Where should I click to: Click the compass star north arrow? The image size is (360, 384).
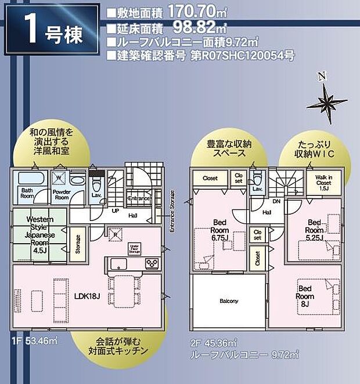click(327, 103)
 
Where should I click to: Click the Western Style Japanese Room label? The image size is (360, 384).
click(40, 231)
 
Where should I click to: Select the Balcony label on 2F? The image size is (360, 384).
click(229, 302)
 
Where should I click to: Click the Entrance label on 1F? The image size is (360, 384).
click(139, 199)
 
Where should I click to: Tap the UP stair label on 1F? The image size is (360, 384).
click(115, 211)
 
